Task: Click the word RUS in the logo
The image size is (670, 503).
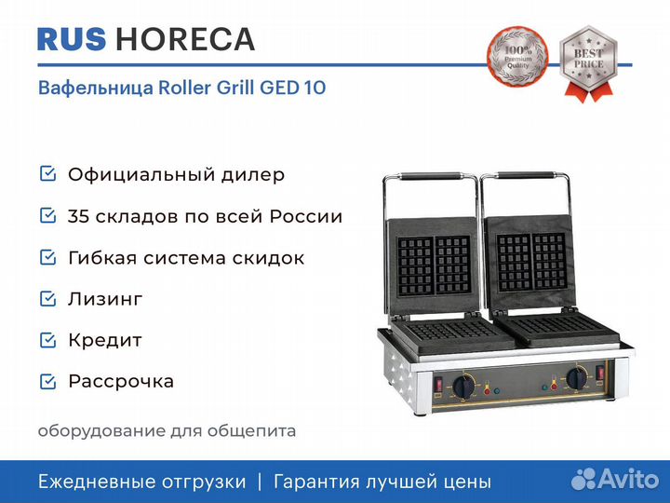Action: click(72, 39)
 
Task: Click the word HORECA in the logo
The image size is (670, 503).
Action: click(185, 39)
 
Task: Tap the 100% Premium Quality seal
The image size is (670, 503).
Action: click(517, 57)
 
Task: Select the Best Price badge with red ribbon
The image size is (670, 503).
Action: click(588, 63)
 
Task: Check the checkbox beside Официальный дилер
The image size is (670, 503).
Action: click(47, 173)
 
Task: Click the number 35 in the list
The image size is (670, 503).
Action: click(78, 216)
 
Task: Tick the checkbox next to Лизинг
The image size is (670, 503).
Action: click(47, 299)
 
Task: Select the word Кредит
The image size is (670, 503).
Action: click(105, 341)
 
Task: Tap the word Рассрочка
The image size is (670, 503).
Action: click(121, 382)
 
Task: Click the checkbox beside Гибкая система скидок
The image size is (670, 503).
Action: click(47, 257)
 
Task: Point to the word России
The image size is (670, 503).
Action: click(306, 216)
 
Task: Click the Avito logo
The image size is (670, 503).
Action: click(615, 479)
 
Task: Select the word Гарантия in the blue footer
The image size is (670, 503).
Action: click(316, 483)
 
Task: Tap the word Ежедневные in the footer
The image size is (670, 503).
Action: click(94, 483)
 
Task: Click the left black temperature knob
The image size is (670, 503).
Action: click(464, 386)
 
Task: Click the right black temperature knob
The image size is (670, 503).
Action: click(577, 377)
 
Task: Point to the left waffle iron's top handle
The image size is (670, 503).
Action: click(430, 175)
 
